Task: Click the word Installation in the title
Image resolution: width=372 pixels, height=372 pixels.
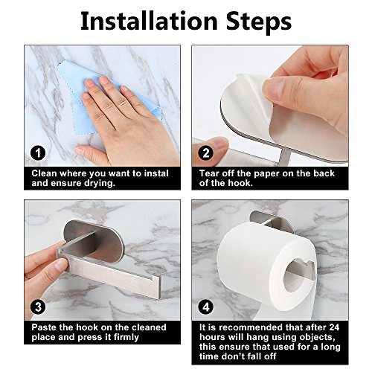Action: [149, 22]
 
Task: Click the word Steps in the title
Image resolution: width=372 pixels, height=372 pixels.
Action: [259, 22]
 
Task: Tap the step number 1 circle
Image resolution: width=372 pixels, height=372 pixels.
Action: [38, 153]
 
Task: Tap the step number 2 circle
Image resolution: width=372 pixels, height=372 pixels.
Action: [205, 153]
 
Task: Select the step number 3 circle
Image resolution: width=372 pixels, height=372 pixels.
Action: [38, 307]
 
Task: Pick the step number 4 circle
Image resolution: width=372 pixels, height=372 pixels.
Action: [205, 307]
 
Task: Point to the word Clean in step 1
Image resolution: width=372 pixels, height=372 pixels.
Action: [44, 173]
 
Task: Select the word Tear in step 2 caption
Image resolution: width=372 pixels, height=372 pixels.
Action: [209, 173]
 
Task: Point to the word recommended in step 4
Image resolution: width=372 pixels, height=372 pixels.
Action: [251, 327]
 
